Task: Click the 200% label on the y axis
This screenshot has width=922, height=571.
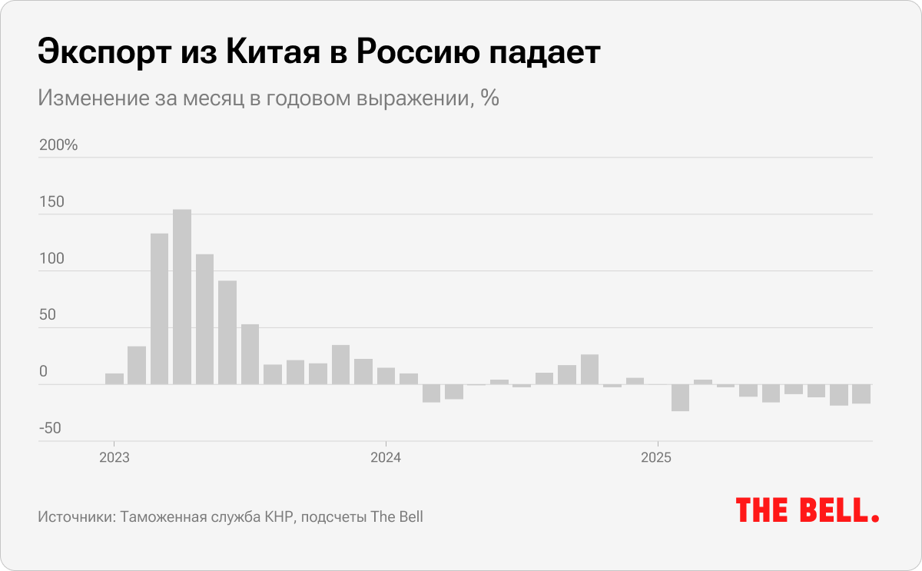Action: coord(58,145)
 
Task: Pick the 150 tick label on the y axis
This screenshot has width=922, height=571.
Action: coord(51,203)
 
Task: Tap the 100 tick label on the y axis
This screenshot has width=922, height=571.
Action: coord(51,259)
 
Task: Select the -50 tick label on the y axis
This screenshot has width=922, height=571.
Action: coord(49,428)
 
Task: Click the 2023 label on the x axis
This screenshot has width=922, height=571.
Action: coord(114,458)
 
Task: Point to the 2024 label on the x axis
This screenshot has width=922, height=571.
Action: coord(386,458)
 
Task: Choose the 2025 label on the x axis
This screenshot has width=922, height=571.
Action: coord(657,458)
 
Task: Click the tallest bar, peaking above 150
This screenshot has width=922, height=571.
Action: coord(182,297)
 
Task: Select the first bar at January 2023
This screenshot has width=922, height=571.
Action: coord(114,379)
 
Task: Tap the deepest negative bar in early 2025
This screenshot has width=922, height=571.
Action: coord(680,397)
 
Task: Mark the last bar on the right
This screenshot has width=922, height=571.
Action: coord(861,393)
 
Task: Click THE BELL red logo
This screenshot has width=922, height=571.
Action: coord(808,510)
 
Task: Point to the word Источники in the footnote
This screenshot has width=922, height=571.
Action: coord(75,517)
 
